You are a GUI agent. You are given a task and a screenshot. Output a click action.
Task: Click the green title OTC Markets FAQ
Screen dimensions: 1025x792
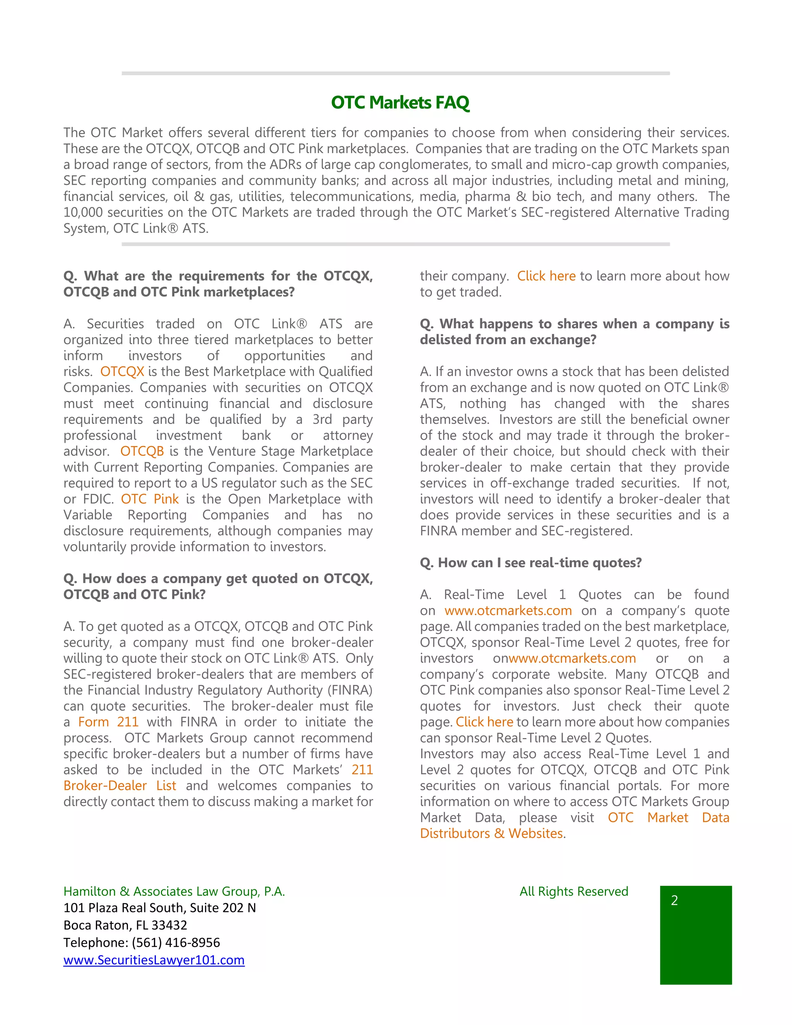400,102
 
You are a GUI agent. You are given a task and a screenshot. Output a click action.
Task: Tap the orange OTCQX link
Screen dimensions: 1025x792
122,371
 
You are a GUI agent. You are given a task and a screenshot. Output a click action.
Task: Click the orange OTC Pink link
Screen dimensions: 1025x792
150,499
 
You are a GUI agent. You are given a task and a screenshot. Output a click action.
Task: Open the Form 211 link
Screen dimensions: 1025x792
108,722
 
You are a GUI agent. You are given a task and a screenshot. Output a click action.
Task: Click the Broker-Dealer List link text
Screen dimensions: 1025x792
119,786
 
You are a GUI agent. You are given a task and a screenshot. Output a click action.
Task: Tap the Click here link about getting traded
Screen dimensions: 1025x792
546,276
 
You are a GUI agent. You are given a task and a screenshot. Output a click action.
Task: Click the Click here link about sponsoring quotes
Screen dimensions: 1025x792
484,722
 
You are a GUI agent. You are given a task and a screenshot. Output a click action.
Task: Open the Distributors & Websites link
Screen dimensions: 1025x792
491,834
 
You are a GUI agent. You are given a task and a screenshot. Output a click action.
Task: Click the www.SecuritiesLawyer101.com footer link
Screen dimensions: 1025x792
154,960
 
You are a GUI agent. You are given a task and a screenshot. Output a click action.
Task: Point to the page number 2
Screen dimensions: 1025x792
674,900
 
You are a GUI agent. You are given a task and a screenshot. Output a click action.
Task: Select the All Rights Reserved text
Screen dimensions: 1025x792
574,891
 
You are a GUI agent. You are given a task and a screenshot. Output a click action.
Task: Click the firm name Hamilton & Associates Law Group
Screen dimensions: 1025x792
174,891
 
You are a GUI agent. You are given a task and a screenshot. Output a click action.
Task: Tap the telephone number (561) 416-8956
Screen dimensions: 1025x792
176,942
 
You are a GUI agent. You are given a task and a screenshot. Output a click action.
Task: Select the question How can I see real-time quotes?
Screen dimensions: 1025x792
531,563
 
